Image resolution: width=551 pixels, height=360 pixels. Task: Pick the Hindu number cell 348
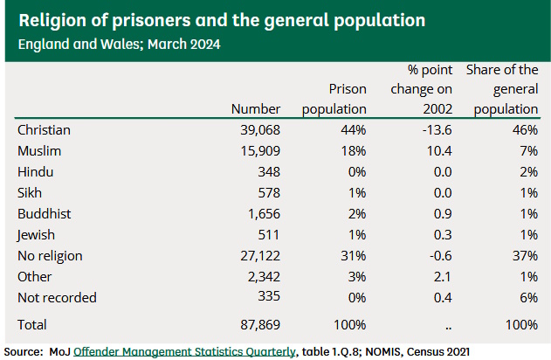[265, 172]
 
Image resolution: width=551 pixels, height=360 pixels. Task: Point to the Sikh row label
[30, 193]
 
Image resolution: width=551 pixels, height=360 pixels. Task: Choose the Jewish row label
[36, 235]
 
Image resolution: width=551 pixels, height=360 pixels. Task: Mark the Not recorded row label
[57, 298]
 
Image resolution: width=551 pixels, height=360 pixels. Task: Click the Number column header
[256, 109]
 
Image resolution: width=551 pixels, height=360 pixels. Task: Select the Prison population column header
[334, 99]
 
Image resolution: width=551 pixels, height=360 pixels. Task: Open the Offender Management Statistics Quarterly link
[183, 351]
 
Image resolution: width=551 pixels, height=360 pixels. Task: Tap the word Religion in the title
[58, 19]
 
